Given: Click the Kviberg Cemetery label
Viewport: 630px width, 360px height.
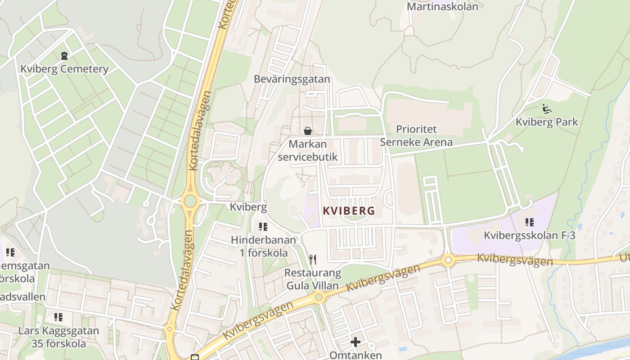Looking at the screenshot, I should pyautogui.click(x=64, y=69).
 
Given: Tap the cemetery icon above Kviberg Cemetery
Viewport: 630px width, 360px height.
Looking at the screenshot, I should pyautogui.click(x=64, y=56).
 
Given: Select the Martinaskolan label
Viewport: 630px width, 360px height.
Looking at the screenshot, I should pyautogui.click(x=442, y=7).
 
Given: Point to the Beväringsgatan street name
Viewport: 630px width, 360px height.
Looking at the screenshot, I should pyautogui.click(x=292, y=79).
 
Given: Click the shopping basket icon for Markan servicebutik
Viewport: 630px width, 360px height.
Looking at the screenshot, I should pyautogui.click(x=308, y=131).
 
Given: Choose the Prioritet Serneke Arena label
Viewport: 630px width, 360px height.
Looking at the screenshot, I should pyautogui.click(x=416, y=136).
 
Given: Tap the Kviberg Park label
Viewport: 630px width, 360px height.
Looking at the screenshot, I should pyautogui.click(x=547, y=122).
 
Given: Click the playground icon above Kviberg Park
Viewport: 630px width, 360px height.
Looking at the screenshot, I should pyautogui.click(x=547, y=108).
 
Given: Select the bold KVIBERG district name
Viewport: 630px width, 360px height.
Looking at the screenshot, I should pyautogui.click(x=349, y=211).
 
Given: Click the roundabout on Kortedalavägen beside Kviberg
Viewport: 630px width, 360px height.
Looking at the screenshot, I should pyautogui.click(x=190, y=201).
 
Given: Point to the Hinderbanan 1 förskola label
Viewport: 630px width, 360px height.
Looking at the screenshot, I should pyautogui.click(x=263, y=246).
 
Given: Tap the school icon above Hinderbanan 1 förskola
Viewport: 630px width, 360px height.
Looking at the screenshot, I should pyautogui.click(x=263, y=226).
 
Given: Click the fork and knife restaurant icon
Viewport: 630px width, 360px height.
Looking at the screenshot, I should pyautogui.click(x=313, y=259).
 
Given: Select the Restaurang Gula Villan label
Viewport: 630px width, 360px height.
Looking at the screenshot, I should pyautogui.click(x=313, y=279).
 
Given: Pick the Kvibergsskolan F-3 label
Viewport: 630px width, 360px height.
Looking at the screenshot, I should pyautogui.click(x=529, y=235).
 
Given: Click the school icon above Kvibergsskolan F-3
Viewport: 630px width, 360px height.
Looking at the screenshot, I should pyautogui.click(x=530, y=222).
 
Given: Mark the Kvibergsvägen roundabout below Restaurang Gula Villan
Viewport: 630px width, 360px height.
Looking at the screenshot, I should pyautogui.click(x=319, y=297).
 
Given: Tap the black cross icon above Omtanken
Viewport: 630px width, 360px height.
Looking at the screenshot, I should pyautogui.click(x=355, y=342).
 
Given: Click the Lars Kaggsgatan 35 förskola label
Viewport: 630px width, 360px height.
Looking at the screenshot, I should pyautogui.click(x=58, y=337).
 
